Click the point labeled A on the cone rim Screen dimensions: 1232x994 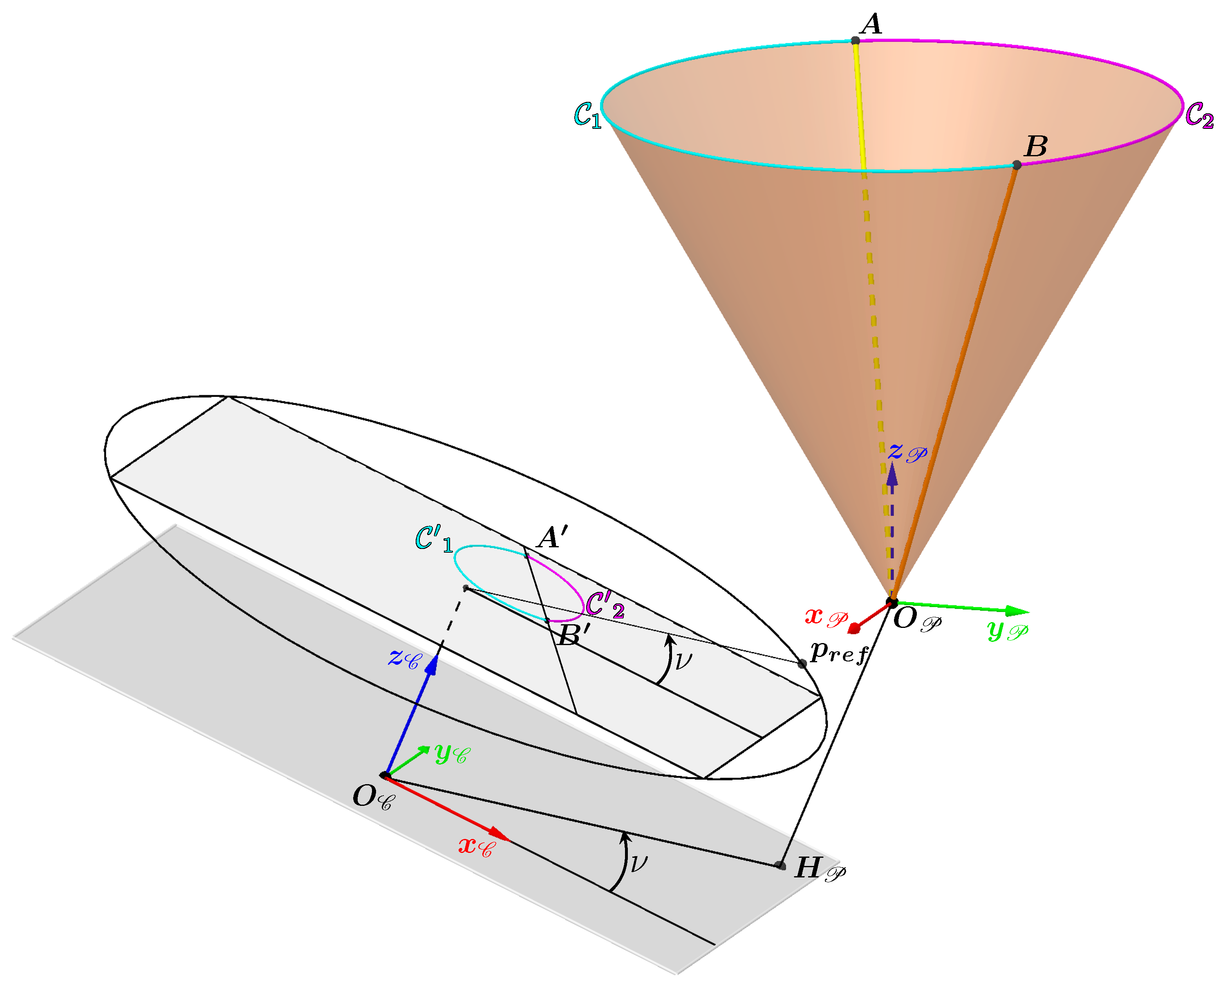pyautogui.click(x=855, y=40)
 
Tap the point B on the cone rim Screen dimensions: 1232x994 pyautogui.click(x=1017, y=165)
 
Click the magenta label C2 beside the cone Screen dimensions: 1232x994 pyautogui.click(x=1199, y=115)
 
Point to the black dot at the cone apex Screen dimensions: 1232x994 pyautogui.click(x=892, y=603)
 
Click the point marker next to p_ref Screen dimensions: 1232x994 pyautogui.click(x=802, y=663)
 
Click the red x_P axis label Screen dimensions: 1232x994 pyautogui.click(x=826, y=617)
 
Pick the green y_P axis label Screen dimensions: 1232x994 pyautogui.click(x=1008, y=630)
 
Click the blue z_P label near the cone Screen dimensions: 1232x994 pyautogui.click(x=907, y=452)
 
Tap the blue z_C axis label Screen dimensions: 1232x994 pyautogui.click(x=403, y=659)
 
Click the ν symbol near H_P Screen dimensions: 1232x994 pyautogui.click(x=638, y=863)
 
